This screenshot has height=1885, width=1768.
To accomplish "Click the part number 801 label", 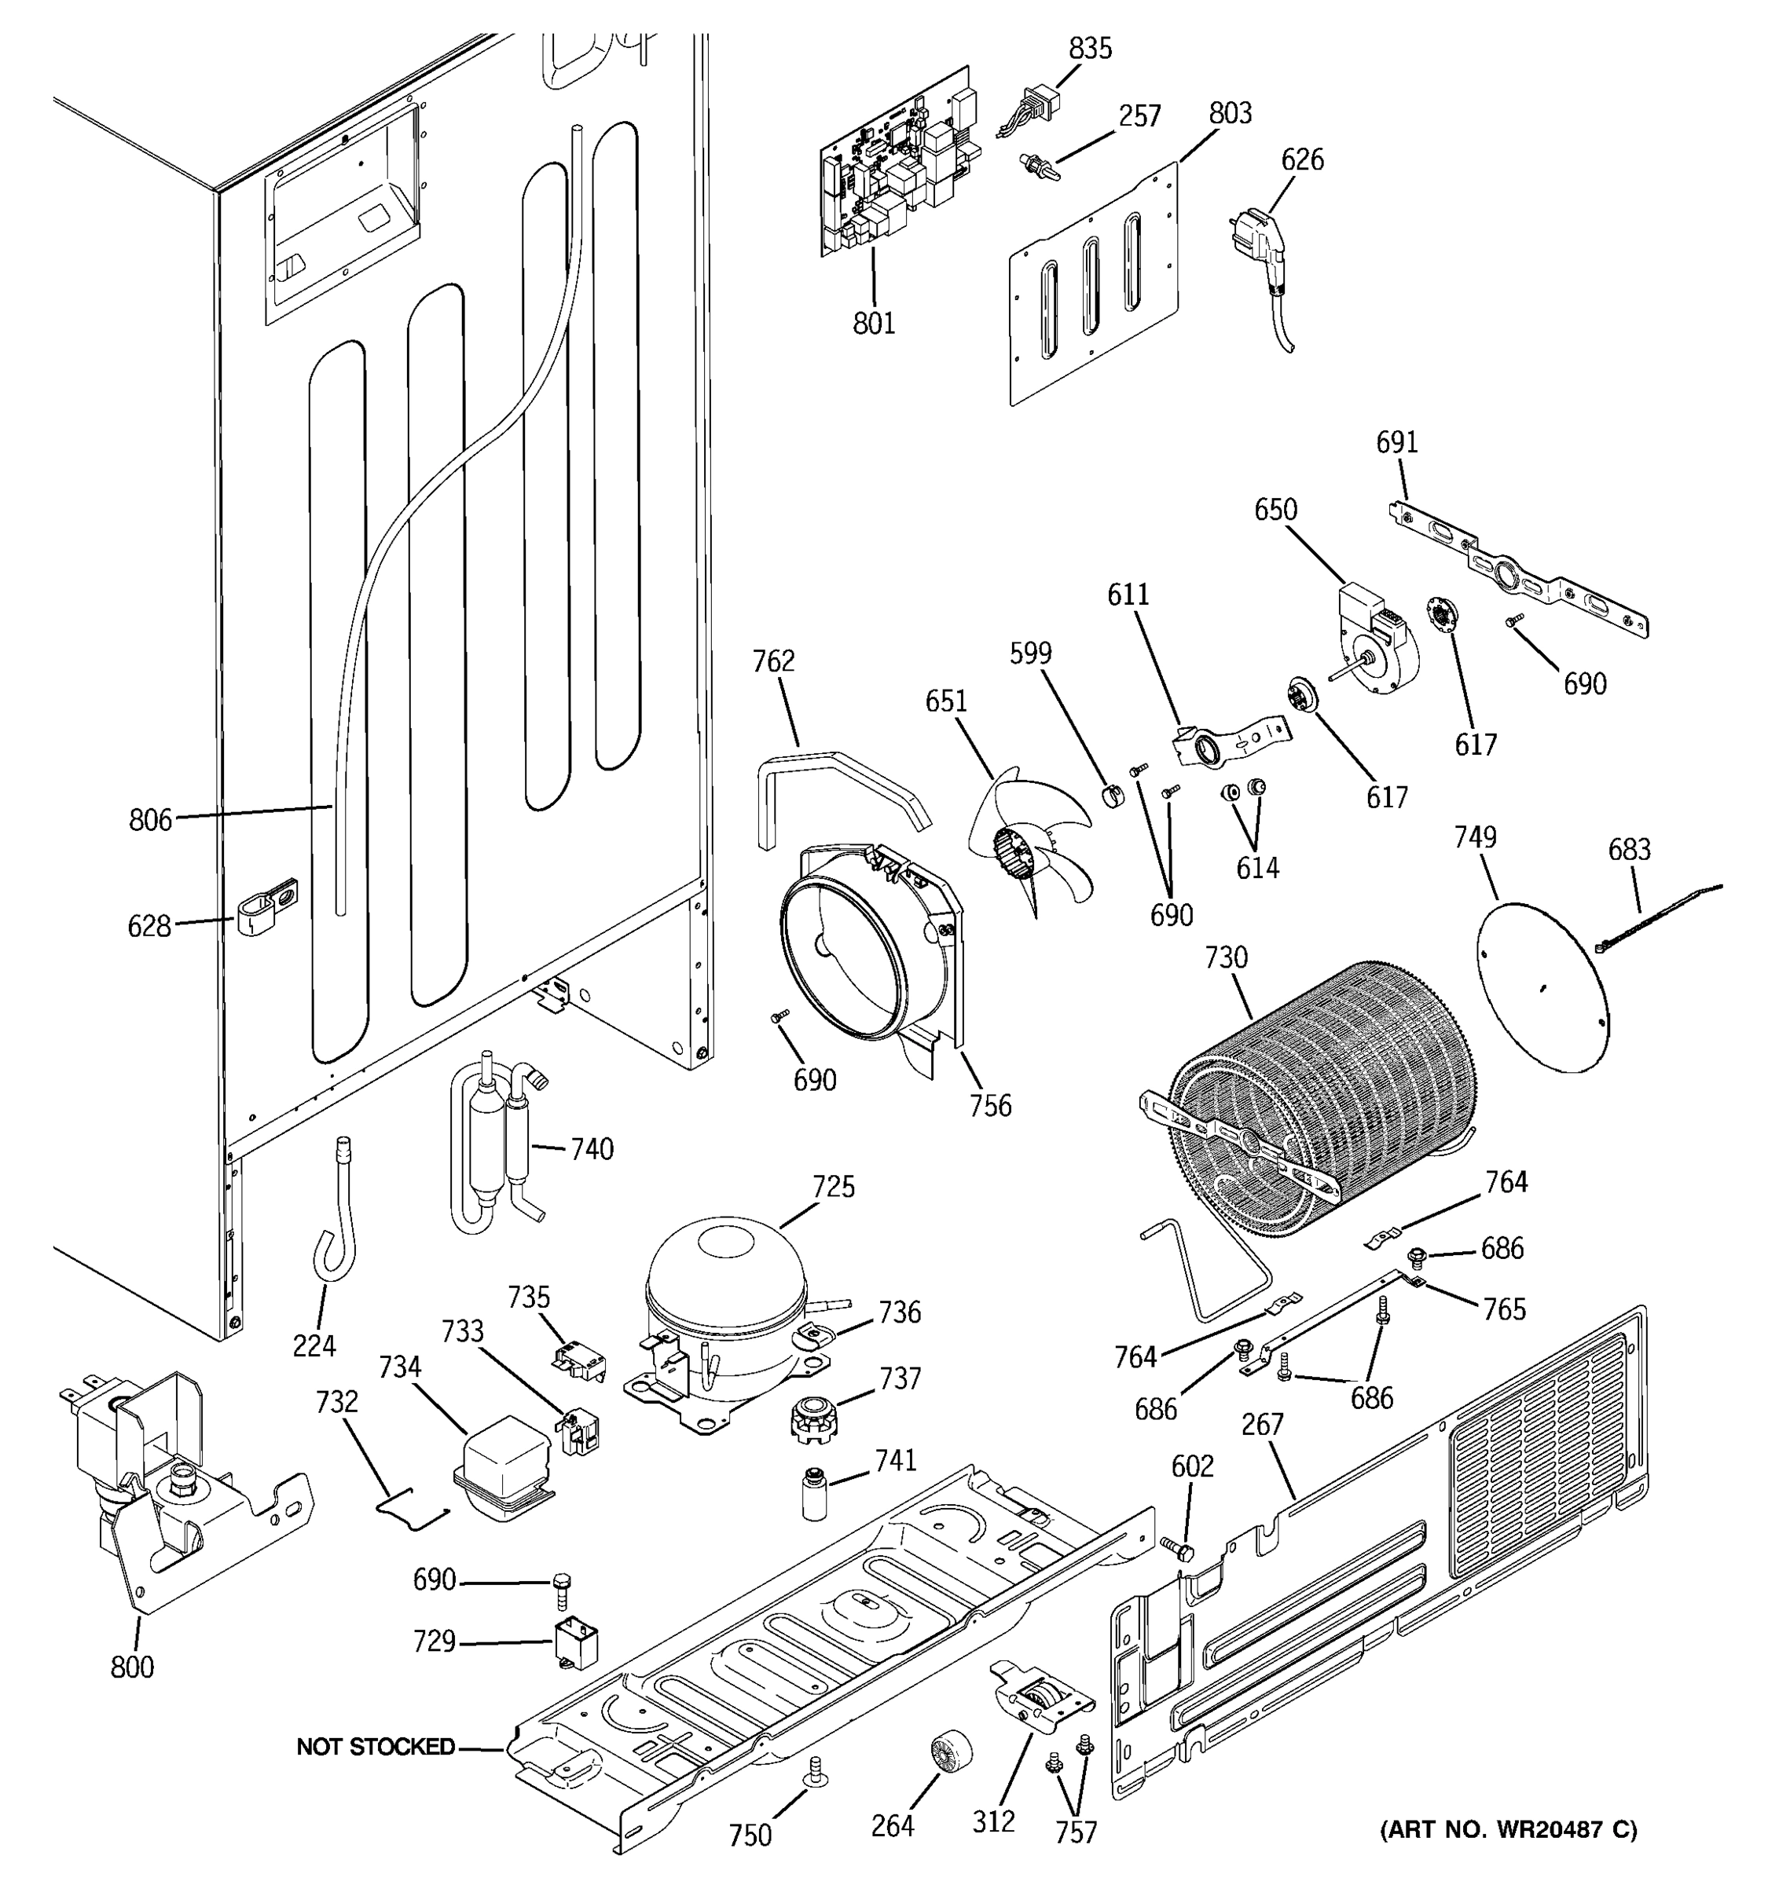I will [873, 324].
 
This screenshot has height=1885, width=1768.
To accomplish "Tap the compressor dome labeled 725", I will [725, 1271].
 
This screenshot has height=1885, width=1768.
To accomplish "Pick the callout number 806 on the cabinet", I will [151, 819].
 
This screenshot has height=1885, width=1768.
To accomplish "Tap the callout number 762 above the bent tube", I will [773, 662].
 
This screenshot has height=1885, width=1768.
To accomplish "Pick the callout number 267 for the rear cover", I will [1263, 1424].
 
